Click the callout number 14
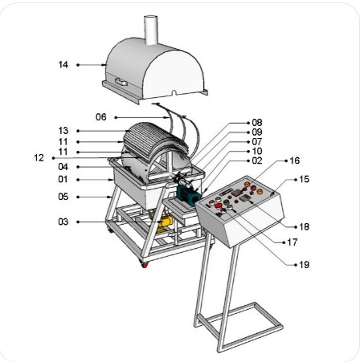[63, 64]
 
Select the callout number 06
[101, 117]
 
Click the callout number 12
[39, 158]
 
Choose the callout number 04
[63, 167]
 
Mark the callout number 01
[63, 179]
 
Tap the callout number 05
[63, 195]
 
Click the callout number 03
[63, 222]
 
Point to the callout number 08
[256, 122]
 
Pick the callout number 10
[256, 151]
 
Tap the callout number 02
[256, 161]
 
